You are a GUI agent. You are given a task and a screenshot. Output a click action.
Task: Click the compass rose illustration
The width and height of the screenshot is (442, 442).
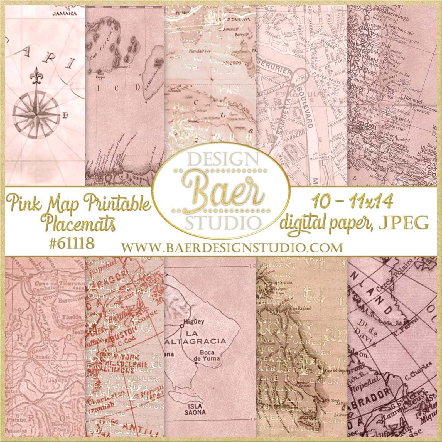pyautogui.click(x=36, y=114)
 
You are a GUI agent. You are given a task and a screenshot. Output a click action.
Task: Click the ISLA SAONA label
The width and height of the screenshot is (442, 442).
pyautogui.click(x=195, y=409)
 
